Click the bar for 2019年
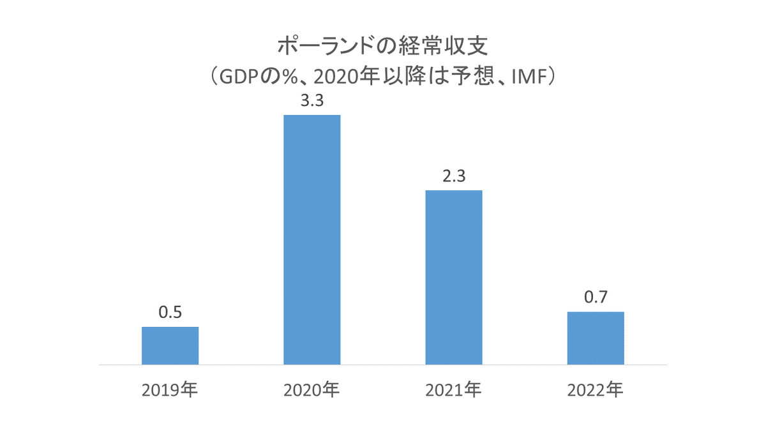170,345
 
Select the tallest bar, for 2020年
312,239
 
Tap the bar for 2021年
453,277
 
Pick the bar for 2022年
595,338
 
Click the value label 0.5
170,314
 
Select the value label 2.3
453,178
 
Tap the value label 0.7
595,299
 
